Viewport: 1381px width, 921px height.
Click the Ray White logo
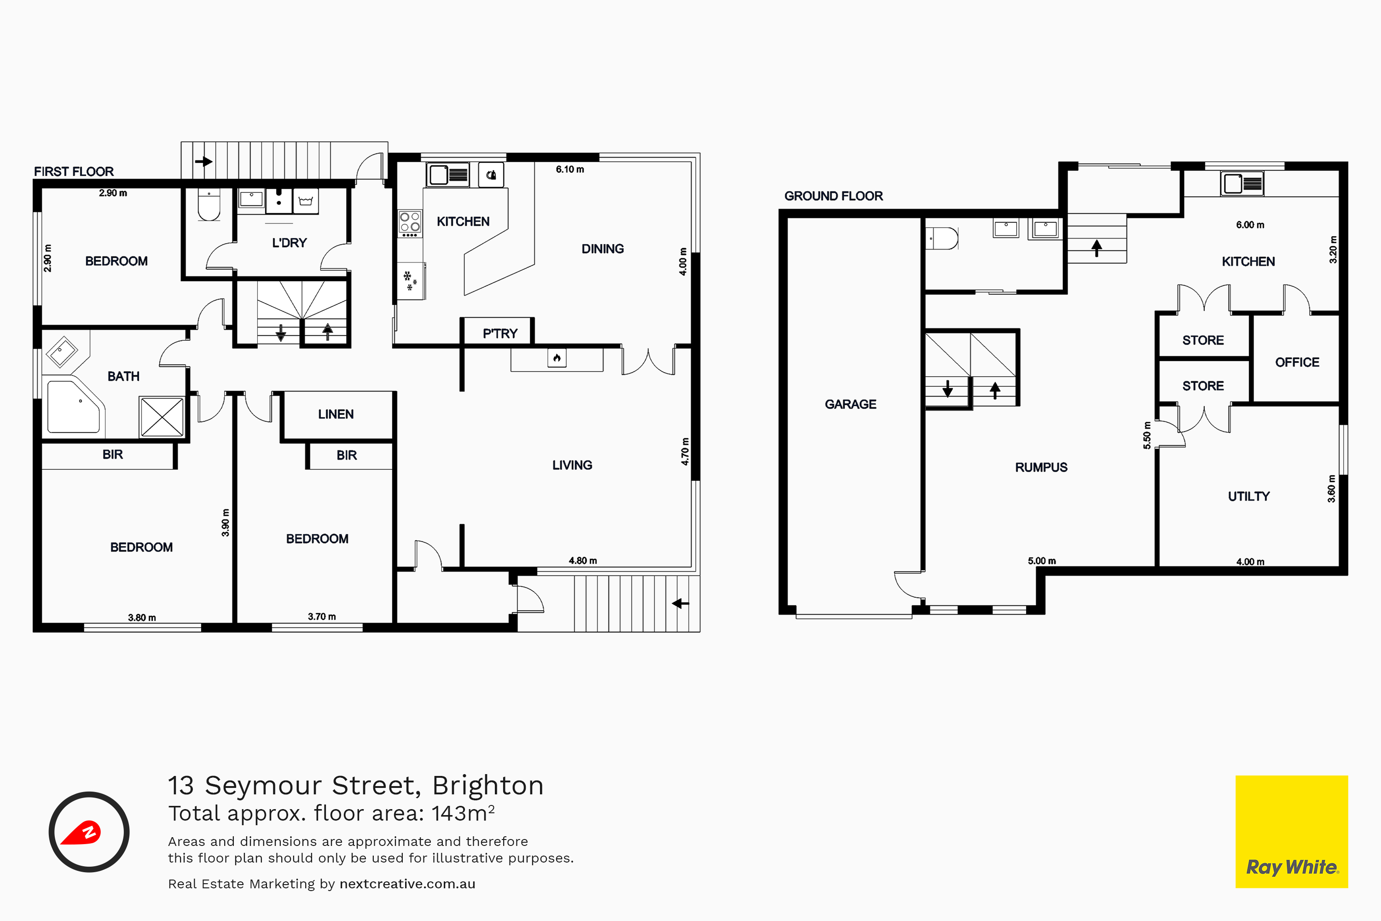point(1291,831)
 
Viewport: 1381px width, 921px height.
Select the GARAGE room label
point(850,404)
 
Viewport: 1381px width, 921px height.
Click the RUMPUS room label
point(1041,467)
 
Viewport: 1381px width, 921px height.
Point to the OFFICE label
point(1297,362)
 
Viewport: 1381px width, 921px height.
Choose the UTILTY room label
point(1248,496)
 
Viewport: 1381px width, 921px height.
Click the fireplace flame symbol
point(557,358)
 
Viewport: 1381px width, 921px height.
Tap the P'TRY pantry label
point(499,333)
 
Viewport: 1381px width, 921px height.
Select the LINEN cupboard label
point(336,414)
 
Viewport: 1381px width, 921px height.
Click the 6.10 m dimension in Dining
point(569,169)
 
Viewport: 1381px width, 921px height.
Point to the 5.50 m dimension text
point(1147,435)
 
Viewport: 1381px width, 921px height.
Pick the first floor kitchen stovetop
point(410,223)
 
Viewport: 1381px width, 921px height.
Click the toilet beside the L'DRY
point(209,204)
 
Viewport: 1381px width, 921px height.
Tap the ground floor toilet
point(942,239)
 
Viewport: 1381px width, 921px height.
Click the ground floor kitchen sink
point(1242,184)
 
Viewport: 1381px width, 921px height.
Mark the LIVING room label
point(572,465)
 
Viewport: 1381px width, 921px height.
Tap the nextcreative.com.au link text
point(407,884)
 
